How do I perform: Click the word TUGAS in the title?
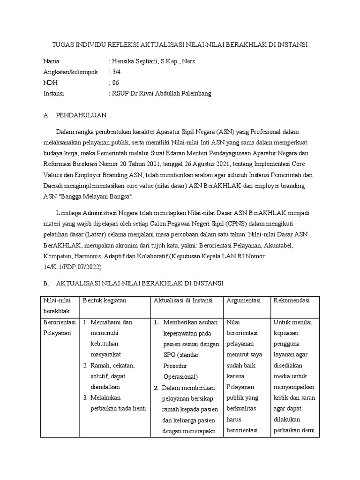coord(63,45)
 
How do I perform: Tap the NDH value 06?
coord(116,82)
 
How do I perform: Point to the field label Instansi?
coord(53,93)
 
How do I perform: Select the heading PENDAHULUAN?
coord(82,115)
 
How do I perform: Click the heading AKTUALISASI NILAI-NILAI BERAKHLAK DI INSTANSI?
coord(140,284)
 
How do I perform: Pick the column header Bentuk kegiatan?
coord(105,300)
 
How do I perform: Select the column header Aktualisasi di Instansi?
coord(183,300)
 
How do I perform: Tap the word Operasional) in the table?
coord(180,376)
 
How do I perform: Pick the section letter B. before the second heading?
coord(46,284)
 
